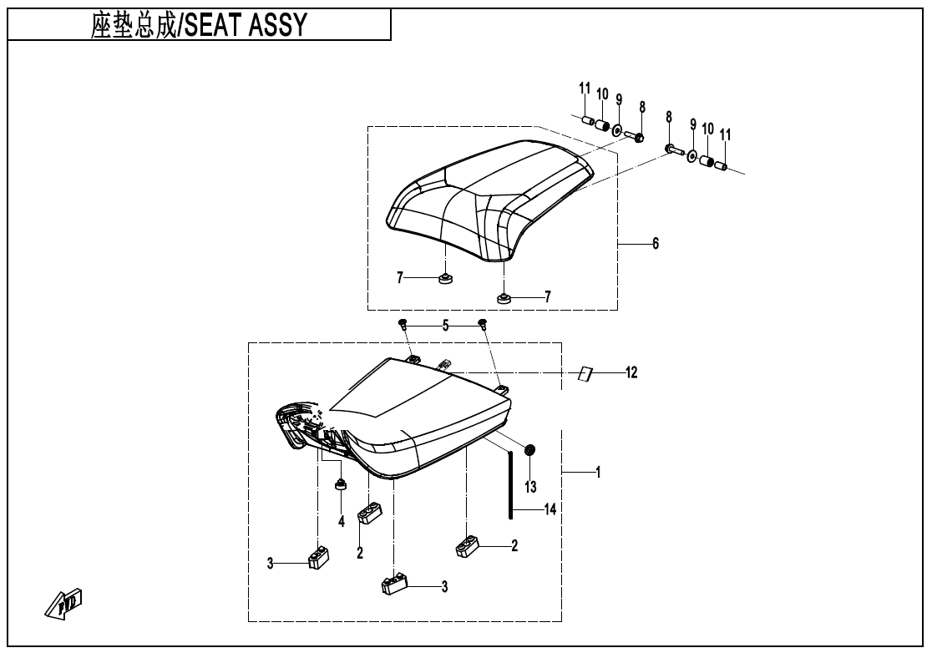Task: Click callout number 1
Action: [598, 473]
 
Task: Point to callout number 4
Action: [341, 521]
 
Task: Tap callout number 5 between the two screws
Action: [445, 326]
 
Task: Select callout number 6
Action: [656, 243]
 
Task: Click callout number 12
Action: [631, 372]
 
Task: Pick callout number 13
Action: [530, 486]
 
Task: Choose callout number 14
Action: [549, 508]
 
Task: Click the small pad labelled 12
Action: [585, 373]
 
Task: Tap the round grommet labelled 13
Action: [529, 451]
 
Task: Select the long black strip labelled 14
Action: [509, 484]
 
